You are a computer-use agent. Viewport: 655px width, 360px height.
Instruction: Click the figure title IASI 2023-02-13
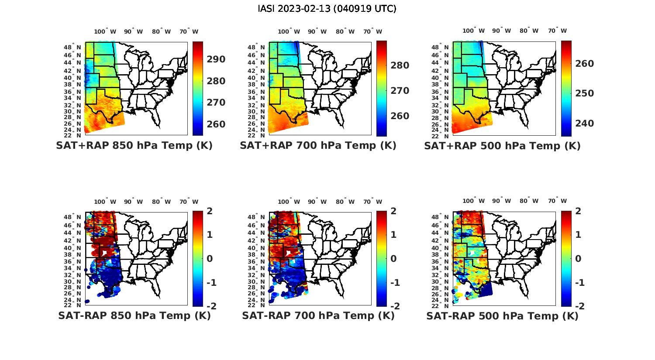327,9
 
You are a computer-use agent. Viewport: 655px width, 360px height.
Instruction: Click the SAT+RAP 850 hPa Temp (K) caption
134,146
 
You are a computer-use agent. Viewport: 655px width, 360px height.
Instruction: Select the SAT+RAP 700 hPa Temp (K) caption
318,146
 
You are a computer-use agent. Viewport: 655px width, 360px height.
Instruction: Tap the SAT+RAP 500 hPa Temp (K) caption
502,146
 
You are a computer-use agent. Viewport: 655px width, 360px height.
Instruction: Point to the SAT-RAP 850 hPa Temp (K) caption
134,316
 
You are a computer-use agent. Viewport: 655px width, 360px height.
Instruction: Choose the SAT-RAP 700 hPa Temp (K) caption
318,316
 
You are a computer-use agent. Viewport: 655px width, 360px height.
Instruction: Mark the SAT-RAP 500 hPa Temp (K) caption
502,316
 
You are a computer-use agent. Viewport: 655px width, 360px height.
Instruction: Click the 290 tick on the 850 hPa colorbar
216,59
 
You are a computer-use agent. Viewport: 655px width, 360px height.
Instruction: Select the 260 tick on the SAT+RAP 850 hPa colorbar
216,124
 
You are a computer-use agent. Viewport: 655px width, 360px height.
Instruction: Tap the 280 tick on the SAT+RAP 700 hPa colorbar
400,65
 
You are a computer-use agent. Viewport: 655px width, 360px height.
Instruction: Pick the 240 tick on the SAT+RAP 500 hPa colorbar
585,123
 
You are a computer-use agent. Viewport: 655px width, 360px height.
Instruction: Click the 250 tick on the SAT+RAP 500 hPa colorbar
585,93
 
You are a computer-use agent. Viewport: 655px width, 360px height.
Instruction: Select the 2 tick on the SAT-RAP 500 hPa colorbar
578,211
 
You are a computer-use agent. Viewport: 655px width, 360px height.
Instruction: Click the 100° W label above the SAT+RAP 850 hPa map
105,31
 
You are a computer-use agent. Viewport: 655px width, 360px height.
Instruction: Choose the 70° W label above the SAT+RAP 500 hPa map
557,31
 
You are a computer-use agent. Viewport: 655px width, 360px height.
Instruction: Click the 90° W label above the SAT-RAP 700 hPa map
317,202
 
